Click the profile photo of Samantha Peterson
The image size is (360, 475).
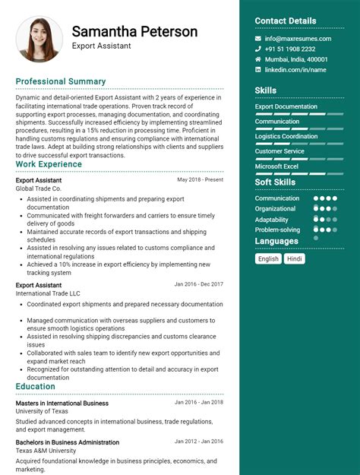39,39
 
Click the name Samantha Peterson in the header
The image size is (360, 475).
134,32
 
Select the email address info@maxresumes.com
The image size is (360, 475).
298,39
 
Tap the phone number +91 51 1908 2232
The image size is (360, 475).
290,49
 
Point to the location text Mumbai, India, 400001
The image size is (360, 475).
296,59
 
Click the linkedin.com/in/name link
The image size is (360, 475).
295,70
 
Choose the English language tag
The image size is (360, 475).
268,258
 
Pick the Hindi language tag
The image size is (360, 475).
295,258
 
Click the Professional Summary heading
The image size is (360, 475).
61,81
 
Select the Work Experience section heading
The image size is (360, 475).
49,164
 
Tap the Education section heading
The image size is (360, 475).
35,386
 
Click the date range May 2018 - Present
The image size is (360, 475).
201,180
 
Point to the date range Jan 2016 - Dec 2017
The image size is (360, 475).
199,284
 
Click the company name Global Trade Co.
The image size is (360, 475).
38,188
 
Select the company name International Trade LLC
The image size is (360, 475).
48,293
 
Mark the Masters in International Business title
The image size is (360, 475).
62,403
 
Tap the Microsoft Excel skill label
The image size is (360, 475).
276,166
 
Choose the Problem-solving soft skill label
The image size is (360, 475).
277,230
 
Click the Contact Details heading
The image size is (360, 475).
286,21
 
